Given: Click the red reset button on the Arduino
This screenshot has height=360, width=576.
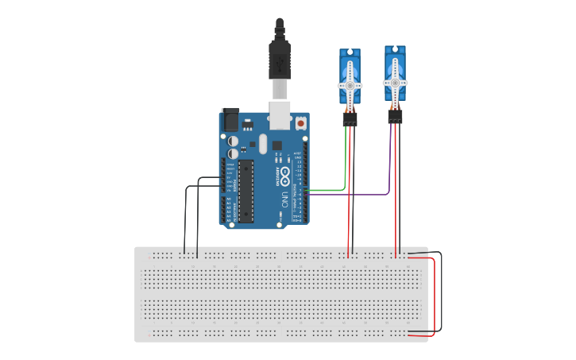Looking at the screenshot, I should pyautogui.click(x=301, y=124).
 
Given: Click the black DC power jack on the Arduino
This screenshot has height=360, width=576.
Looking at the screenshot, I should pyautogui.click(x=230, y=119).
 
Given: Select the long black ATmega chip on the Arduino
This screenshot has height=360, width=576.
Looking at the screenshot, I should pyautogui.click(x=245, y=190).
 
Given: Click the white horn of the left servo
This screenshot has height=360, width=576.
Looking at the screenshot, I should pyautogui.click(x=350, y=85).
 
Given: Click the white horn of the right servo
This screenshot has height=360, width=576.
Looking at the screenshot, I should pyautogui.click(x=395, y=82).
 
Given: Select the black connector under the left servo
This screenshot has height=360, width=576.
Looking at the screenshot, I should pyautogui.click(x=350, y=120).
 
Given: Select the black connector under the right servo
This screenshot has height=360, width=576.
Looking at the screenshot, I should pyautogui.click(x=395, y=117).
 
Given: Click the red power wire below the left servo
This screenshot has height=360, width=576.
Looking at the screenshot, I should pyautogui.click(x=349, y=199).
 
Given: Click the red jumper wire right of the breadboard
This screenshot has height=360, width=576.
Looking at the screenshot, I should pyautogui.click(x=434, y=294).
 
